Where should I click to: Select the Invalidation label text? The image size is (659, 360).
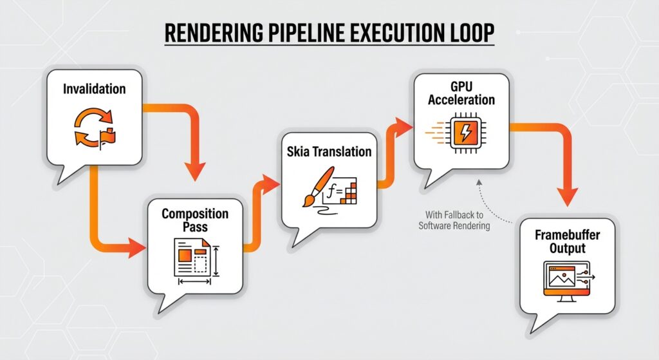(x=95, y=89)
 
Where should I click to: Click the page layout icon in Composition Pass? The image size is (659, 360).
(x=193, y=258)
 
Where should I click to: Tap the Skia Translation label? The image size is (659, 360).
(x=329, y=152)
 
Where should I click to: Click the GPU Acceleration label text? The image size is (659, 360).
(x=461, y=93)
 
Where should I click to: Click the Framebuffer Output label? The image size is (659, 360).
(x=567, y=242)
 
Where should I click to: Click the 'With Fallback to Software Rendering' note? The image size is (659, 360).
(x=454, y=220)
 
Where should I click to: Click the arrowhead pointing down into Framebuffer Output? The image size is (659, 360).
(x=567, y=197)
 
